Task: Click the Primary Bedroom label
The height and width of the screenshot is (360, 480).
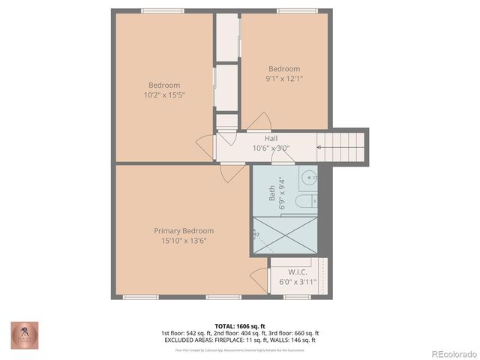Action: click(x=184, y=230)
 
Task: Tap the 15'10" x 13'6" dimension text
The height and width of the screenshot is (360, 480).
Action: click(x=184, y=241)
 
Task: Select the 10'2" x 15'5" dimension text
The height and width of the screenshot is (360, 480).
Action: click(x=164, y=95)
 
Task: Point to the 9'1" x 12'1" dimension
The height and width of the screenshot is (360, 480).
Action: click(x=284, y=79)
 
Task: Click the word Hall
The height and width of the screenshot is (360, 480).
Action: click(x=272, y=138)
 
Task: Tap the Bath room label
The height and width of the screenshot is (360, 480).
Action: click(x=272, y=193)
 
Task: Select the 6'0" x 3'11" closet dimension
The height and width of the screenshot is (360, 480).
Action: click(x=298, y=283)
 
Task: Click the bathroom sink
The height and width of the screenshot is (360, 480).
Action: click(x=308, y=179)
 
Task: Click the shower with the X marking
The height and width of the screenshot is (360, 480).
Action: click(x=285, y=235)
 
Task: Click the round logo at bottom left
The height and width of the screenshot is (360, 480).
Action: click(x=25, y=334)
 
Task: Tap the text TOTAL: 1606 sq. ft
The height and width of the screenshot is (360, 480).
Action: click(x=240, y=325)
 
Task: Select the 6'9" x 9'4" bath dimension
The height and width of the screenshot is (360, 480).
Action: click(x=282, y=193)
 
